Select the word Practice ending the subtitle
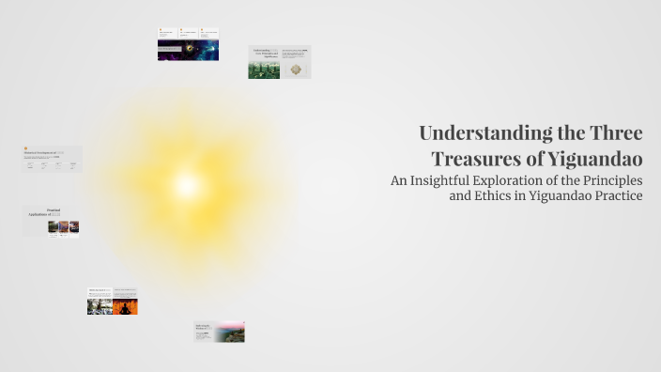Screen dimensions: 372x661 [615, 196]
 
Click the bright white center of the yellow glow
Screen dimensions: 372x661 [187, 184]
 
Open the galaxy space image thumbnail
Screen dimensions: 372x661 [188, 51]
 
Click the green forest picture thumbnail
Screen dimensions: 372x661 [264, 70]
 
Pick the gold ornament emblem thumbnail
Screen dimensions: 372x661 [296, 70]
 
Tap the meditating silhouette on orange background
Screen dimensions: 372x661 [126, 306]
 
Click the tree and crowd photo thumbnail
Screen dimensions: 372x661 [100, 306]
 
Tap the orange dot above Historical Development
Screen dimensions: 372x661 [25, 146]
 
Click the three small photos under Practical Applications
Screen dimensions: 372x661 [64, 226]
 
